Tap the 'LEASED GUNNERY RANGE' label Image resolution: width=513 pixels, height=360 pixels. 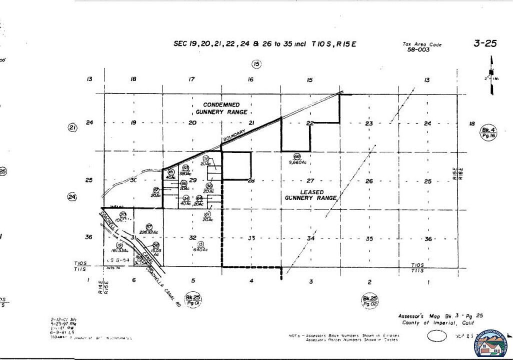311,195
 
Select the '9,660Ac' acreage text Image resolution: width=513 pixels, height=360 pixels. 297,162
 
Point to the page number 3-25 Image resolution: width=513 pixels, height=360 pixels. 484,43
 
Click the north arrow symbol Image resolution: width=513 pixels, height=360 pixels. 491,75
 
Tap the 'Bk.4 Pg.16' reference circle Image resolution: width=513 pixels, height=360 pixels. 487,132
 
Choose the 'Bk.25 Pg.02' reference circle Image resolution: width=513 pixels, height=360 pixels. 370,301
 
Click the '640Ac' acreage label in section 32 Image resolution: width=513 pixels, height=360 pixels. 200,249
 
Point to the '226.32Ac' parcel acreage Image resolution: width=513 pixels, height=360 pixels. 148,231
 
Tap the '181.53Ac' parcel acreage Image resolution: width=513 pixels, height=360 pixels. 120,250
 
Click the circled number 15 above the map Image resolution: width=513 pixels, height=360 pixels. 256,64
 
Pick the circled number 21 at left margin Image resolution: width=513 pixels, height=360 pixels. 72,127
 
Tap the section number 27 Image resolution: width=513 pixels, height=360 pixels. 310,180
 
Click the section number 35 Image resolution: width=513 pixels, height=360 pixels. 369,238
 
